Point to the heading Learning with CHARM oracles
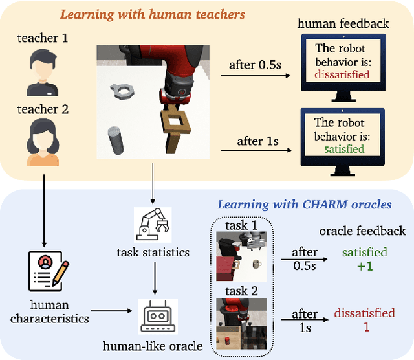click(304, 205)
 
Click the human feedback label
click(343, 23)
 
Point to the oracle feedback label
click(362, 231)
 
